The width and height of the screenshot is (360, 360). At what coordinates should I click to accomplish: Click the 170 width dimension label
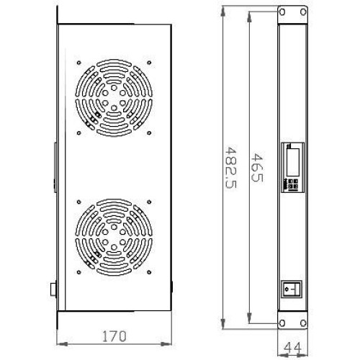tap(114, 336)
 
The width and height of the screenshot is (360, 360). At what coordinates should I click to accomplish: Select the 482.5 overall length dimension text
tap(231, 167)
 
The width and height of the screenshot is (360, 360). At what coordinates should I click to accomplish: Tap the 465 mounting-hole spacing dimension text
tap(257, 167)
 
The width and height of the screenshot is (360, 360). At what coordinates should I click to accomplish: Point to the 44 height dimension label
tap(292, 348)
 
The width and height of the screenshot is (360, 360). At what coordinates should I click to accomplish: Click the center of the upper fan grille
tap(114, 98)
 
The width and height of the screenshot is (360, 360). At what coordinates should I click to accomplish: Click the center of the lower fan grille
tap(114, 237)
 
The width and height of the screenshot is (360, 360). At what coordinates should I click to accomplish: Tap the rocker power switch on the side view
tap(292, 289)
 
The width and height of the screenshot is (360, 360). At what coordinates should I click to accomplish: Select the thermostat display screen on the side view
tap(293, 162)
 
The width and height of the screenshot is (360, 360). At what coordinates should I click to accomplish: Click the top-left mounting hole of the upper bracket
tap(282, 12)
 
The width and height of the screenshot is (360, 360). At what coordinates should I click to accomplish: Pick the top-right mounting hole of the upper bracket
tap(303, 12)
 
